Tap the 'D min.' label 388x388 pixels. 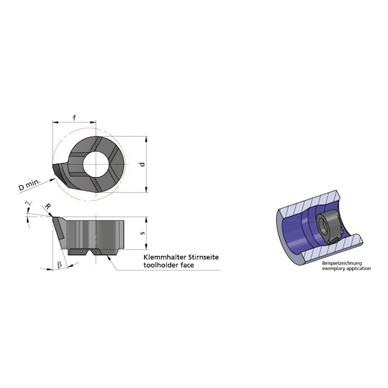31,183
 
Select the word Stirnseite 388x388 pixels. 201,257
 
